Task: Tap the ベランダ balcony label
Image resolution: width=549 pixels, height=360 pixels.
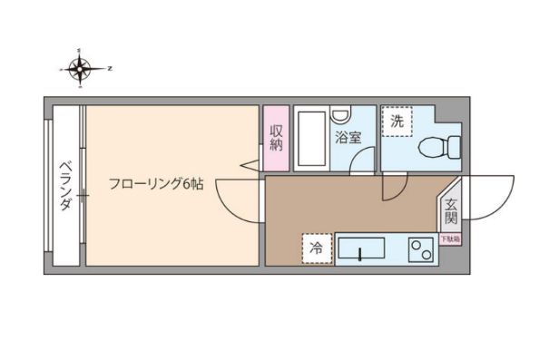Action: (65, 186)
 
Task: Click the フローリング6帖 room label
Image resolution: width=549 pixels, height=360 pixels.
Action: (155, 184)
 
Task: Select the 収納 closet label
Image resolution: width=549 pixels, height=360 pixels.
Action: (277, 137)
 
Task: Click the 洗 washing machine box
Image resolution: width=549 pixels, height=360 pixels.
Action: (397, 122)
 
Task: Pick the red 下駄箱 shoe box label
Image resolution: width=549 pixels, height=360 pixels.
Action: (450, 239)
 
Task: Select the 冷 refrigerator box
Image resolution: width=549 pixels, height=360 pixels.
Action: (317, 248)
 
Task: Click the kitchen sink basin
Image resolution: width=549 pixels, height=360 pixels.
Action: (362, 248)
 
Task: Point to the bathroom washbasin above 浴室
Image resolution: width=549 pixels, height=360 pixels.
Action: (339, 115)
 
